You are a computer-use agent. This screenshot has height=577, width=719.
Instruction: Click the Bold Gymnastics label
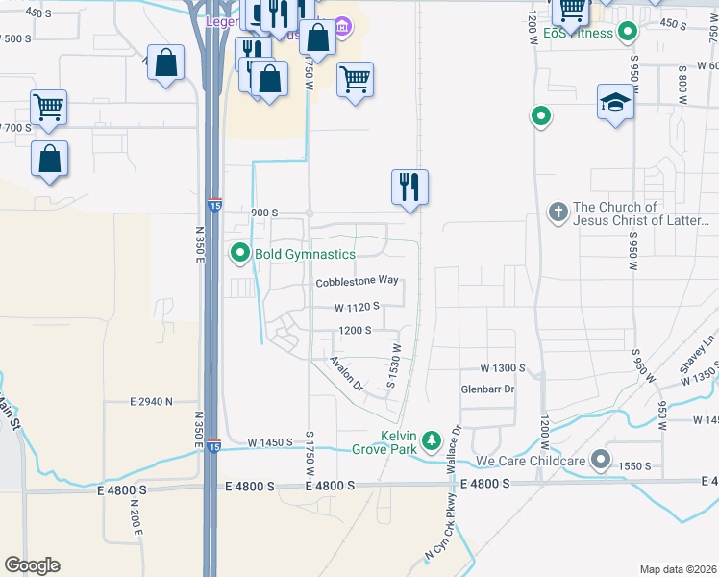pos(305,255)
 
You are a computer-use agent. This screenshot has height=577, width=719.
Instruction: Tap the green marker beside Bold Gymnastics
pos(240,254)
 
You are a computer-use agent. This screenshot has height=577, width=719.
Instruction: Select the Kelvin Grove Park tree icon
pos(433,440)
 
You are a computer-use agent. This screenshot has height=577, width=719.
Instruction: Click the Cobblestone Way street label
pos(357,281)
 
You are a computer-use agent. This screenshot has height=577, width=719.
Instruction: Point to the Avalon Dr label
pos(346,374)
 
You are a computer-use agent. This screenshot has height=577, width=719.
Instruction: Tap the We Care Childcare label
pos(532,461)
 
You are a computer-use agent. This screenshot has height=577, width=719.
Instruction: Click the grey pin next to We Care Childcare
pos(602,460)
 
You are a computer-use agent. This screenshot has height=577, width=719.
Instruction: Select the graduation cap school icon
pos(615,102)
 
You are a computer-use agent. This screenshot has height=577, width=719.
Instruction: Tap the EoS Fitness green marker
pos(628,33)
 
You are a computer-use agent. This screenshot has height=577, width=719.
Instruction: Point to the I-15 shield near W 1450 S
pos(213,446)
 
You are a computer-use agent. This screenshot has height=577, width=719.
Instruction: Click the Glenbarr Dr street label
pos(488,389)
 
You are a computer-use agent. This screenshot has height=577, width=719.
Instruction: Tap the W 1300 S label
pos(505,368)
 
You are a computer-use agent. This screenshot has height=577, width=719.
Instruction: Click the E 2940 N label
pos(151,401)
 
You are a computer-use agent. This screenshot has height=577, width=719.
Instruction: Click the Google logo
pos(32,565)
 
